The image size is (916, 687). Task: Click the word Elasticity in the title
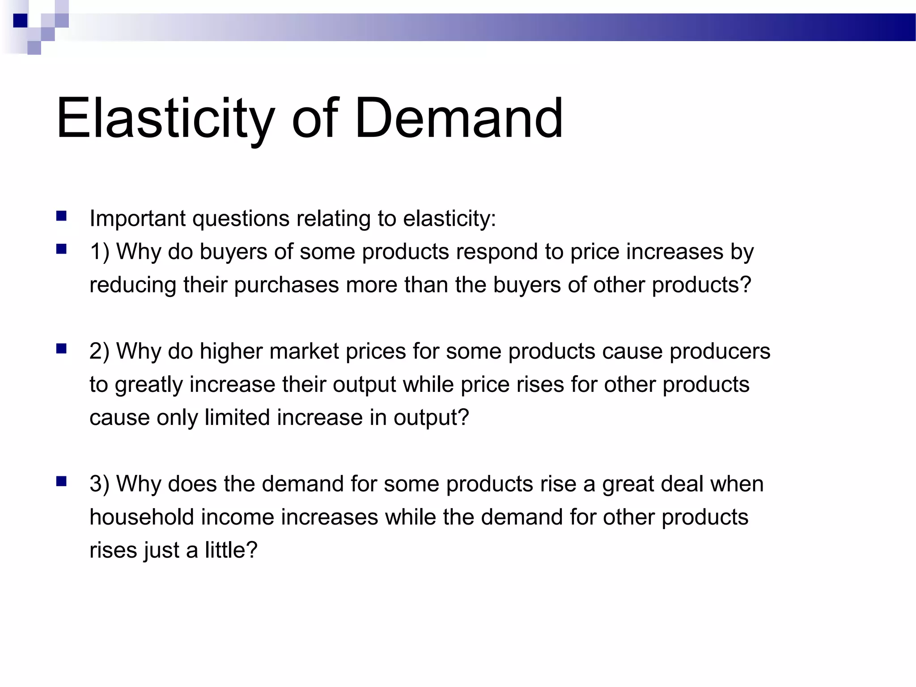[165, 119]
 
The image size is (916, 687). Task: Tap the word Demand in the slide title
[458, 119]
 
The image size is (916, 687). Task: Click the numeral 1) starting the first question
[99, 252]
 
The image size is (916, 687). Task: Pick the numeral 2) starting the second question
[99, 352]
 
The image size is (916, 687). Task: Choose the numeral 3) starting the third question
[99, 484]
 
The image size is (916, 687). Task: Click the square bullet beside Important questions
[62, 217]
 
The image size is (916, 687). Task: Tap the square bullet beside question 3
[62, 482]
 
